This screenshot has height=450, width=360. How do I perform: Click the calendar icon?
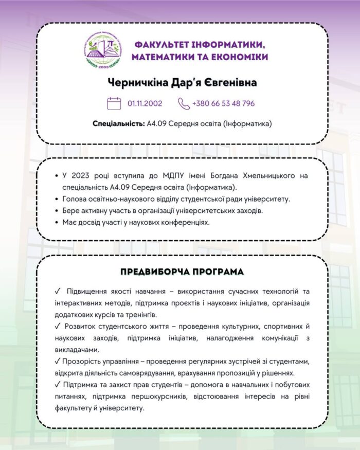(x=114, y=103)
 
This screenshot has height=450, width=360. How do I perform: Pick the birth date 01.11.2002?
(x=145, y=103)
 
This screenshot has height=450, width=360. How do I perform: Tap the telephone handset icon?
(x=184, y=103)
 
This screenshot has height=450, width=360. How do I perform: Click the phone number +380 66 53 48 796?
(x=223, y=103)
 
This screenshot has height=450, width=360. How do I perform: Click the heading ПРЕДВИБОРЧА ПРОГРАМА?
(x=182, y=271)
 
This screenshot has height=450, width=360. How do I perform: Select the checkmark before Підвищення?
(x=57, y=292)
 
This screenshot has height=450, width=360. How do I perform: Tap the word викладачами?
(x=76, y=350)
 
